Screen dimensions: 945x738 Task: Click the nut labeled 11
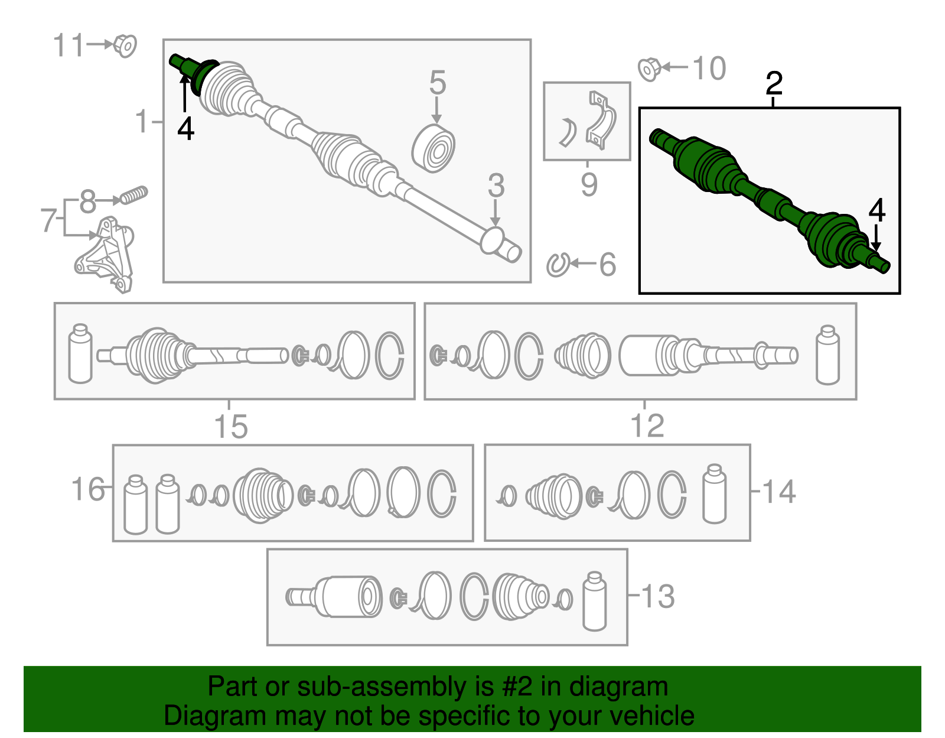pyautogui.click(x=125, y=45)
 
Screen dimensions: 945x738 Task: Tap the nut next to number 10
pyautogui.click(x=649, y=69)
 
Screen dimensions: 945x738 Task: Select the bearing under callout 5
pyautogui.click(x=433, y=148)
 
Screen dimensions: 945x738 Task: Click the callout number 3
pyautogui.click(x=496, y=186)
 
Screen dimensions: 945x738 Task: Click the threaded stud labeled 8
pyautogui.click(x=134, y=195)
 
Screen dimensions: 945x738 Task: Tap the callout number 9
pyautogui.click(x=589, y=184)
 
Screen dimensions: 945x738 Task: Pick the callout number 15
pyautogui.click(x=231, y=427)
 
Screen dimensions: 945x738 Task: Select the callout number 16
pyautogui.click(x=87, y=489)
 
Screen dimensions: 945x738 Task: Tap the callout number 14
pyautogui.click(x=779, y=492)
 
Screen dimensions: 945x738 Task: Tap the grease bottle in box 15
pyautogui.click(x=80, y=353)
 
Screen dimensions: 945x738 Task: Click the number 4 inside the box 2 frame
pyautogui.click(x=876, y=210)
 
